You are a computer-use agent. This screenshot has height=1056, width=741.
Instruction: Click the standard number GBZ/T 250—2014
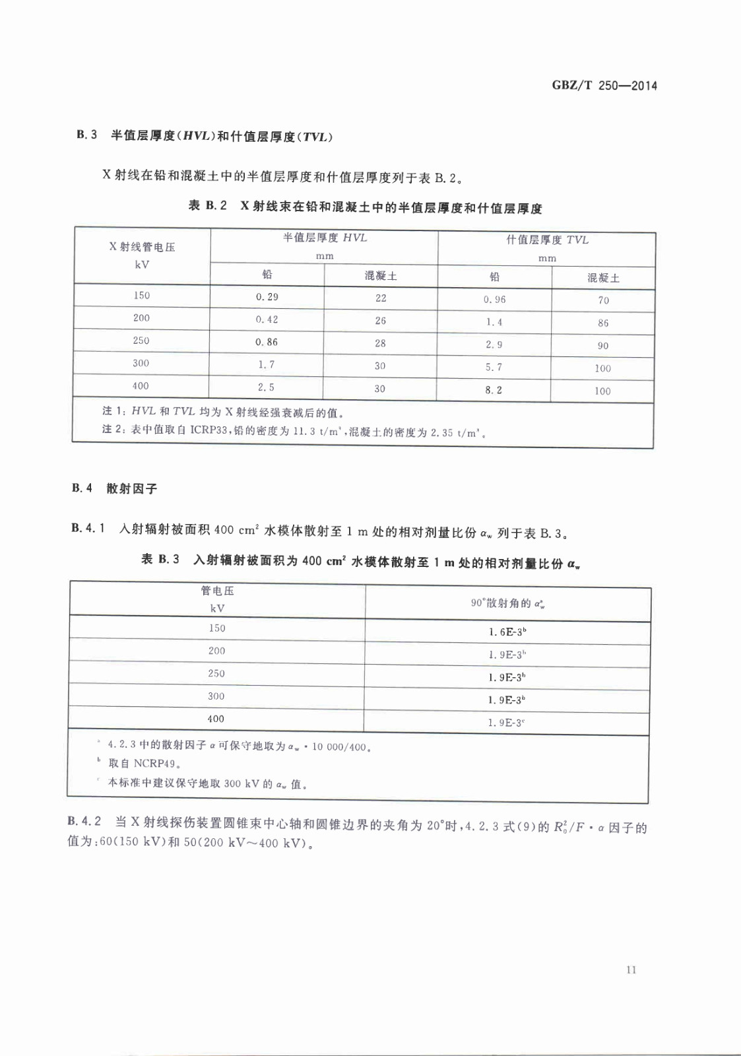point(604,86)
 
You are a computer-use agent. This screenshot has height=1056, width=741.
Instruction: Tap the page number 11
point(631,970)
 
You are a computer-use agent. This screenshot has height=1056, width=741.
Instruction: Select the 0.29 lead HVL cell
point(267,297)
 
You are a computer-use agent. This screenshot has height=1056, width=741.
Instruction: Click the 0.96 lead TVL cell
point(494,300)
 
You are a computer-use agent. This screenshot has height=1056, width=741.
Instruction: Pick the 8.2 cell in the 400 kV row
point(494,390)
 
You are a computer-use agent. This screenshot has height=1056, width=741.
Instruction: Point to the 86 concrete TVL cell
point(603,323)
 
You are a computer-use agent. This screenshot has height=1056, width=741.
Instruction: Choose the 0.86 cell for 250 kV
point(267,342)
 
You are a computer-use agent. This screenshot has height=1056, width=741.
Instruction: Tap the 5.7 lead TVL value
point(494,368)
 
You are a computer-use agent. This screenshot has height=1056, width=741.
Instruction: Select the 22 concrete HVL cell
point(381,298)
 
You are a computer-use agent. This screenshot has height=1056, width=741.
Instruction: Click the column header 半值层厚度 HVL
point(325,238)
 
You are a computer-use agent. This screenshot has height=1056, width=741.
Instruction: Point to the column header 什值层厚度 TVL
point(547,240)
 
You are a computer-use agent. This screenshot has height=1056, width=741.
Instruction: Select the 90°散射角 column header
point(507,603)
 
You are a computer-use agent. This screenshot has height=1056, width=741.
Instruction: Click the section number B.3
point(86,135)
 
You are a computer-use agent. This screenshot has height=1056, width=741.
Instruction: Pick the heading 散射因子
point(132,489)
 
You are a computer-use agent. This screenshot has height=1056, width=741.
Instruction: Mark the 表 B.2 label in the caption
point(207,206)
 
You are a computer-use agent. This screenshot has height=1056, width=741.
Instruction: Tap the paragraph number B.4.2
point(84,822)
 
